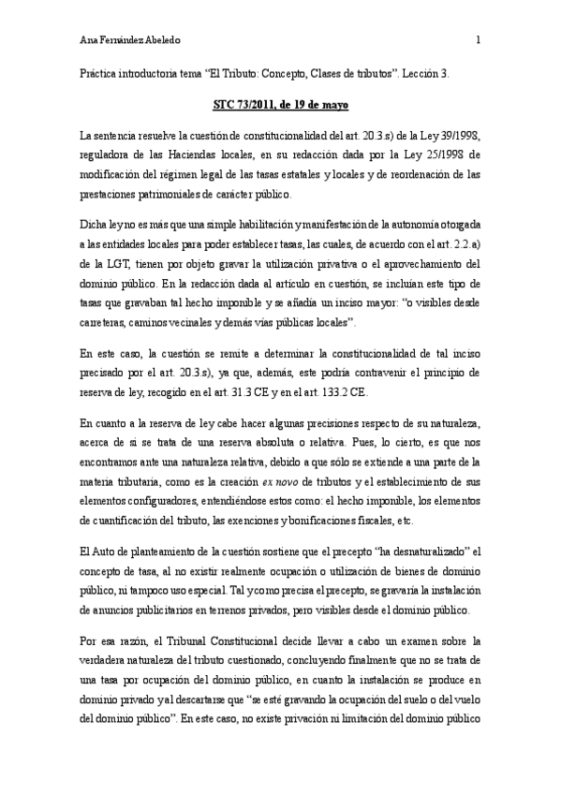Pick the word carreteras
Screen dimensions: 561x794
105,322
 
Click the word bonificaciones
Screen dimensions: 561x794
324,522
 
